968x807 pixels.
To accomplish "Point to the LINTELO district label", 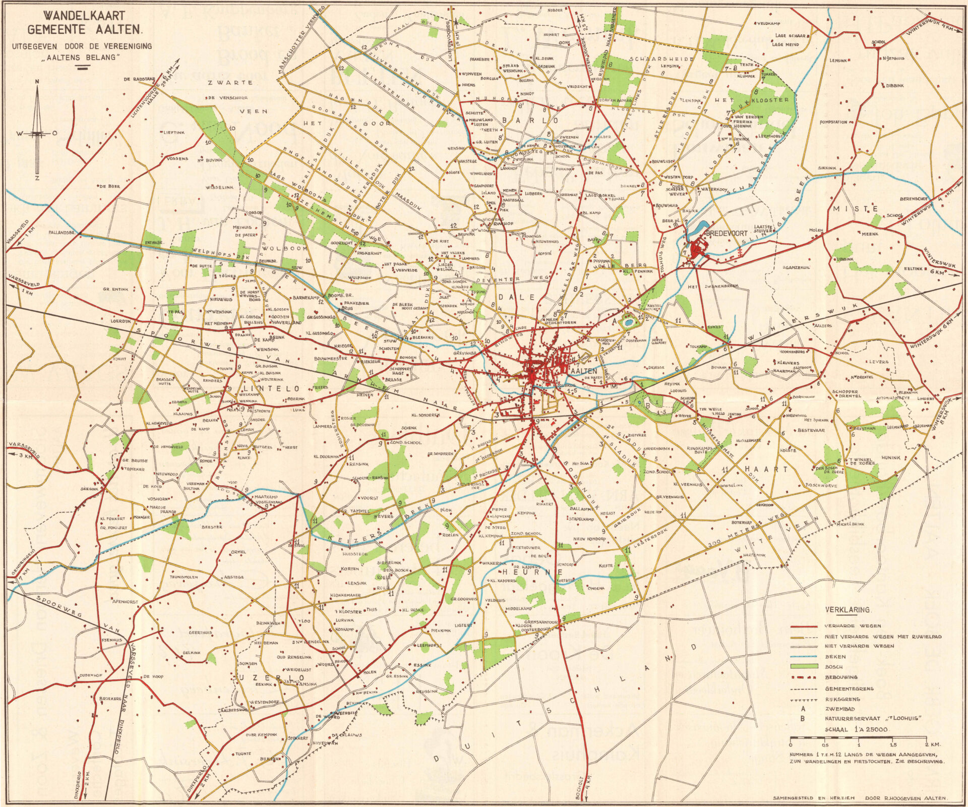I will (x=271, y=389).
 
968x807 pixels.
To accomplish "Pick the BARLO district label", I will (x=530, y=121).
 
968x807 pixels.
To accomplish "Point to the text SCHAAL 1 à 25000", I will (x=858, y=730).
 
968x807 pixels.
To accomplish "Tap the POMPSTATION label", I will (x=834, y=122).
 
